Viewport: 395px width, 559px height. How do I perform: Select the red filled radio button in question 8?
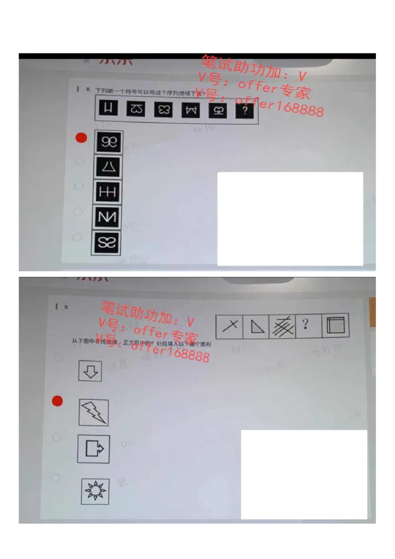tap(81, 138)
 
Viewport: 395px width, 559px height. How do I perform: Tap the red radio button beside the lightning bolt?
tap(58, 401)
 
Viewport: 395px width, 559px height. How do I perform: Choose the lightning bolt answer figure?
tap(94, 412)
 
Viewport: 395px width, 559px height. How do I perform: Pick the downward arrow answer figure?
tap(90, 371)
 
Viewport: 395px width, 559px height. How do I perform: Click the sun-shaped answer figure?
tap(95, 491)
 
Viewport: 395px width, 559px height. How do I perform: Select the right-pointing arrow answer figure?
tap(93, 449)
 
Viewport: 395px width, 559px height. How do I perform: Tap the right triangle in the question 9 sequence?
tap(256, 326)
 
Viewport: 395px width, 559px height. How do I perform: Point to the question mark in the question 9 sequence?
tap(306, 324)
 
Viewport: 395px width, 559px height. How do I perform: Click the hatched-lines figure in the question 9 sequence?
tap(282, 326)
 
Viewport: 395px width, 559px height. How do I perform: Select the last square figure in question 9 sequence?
tap(336, 325)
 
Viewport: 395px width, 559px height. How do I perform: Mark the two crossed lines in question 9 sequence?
tap(230, 326)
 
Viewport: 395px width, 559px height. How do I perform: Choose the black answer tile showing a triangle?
tap(108, 167)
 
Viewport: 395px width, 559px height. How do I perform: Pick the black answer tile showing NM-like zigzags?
tap(107, 217)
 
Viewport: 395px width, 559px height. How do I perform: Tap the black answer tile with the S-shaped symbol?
tap(106, 242)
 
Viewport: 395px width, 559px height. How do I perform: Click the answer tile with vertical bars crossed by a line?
tap(108, 192)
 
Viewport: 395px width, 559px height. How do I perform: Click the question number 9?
tap(67, 307)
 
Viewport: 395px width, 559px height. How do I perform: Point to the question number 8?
tap(88, 90)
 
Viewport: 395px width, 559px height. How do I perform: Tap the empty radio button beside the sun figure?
tap(55, 478)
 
